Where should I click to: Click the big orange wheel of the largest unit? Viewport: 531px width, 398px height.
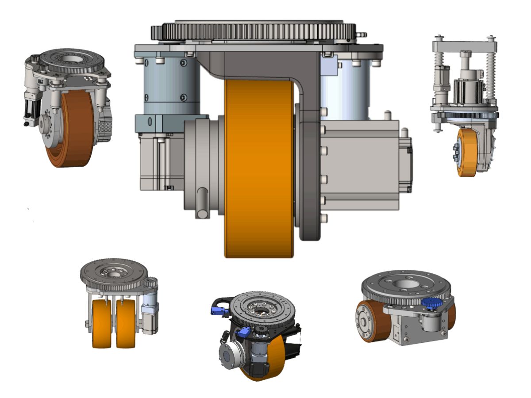[x=259, y=168]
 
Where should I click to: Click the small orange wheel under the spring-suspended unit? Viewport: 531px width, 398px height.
[x=467, y=153]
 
